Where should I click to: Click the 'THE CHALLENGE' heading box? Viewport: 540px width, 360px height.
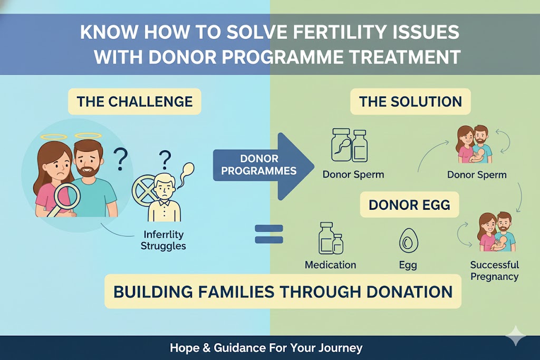point(134,101)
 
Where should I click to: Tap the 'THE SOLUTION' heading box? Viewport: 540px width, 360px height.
point(410,101)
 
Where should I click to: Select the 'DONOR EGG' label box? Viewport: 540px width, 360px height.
point(409,205)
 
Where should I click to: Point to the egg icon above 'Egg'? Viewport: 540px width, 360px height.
point(407,242)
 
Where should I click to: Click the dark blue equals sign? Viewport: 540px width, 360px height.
point(269,234)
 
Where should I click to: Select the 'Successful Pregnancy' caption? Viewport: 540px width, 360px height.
point(494,270)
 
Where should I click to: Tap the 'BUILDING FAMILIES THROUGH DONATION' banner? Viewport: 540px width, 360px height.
point(283,291)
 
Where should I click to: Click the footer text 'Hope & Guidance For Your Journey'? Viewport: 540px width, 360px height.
point(266,348)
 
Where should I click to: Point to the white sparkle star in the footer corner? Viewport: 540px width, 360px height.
point(515,336)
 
